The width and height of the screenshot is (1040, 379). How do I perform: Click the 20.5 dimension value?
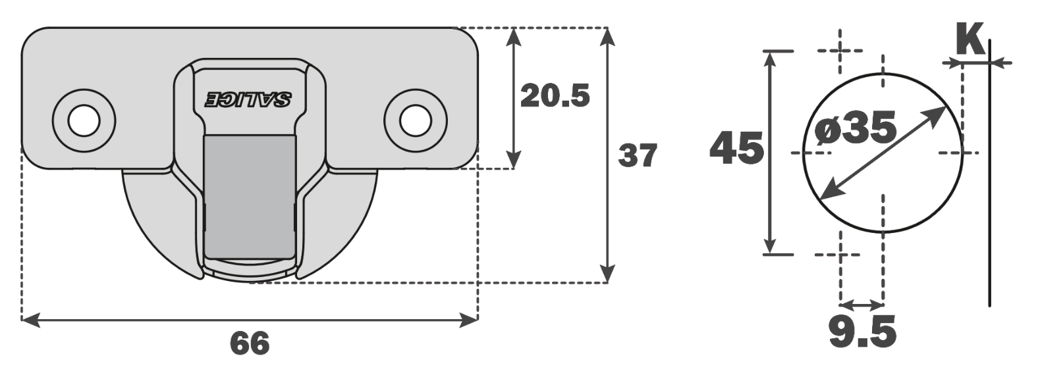[555, 97]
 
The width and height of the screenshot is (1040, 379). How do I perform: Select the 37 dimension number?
[638, 156]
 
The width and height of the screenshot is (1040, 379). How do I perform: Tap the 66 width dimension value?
[250, 343]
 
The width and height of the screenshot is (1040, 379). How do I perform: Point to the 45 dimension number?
[737, 148]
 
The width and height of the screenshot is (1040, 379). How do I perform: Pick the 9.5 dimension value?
[862, 332]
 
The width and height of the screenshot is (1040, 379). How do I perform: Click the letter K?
[970, 41]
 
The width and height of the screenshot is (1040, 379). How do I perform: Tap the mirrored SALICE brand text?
[248, 99]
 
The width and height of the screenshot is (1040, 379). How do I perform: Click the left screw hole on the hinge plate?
[84, 121]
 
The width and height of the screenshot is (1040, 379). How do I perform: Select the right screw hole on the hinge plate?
[416, 121]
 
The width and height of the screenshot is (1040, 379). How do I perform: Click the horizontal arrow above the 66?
[250, 320]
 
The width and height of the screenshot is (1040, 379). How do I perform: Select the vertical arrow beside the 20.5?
[514, 99]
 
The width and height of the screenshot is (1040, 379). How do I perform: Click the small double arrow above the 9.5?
[862, 305]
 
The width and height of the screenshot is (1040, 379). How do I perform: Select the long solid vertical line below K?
[990, 197]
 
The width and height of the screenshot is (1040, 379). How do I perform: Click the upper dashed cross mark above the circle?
[840, 51]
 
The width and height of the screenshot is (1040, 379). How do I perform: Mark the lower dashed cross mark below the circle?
[840, 254]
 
